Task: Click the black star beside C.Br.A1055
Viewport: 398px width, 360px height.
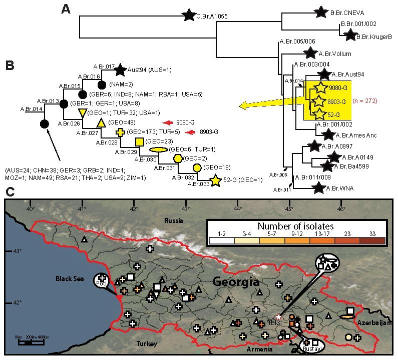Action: (188, 15)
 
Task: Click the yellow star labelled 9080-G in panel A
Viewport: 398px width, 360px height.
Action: (321, 88)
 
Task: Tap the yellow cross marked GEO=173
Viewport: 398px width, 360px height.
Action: (120, 132)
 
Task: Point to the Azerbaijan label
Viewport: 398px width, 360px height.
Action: (373, 323)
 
